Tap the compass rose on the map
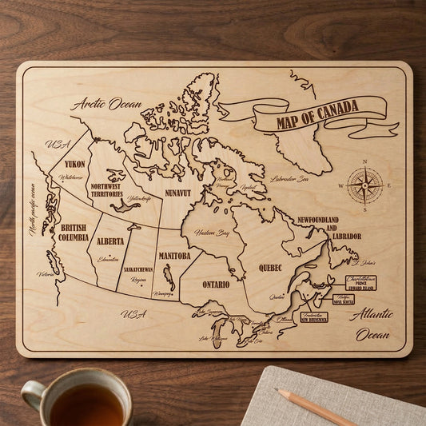(x=364, y=187)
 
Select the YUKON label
(x=75, y=164)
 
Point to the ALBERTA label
(x=110, y=241)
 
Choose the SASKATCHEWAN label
(x=138, y=269)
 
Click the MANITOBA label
(x=174, y=256)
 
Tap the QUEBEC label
(x=270, y=267)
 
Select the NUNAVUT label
(x=178, y=193)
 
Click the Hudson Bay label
(x=212, y=233)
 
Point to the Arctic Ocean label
(x=106, y=103)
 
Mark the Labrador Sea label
(x=289, y=179)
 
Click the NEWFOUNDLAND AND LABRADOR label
(x=329, y=227)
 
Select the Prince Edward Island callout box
(x=360, y=282)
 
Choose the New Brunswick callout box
(x=313, y=317)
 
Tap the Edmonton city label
(x=108, y=258)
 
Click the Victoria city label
(x=46, y=274)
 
